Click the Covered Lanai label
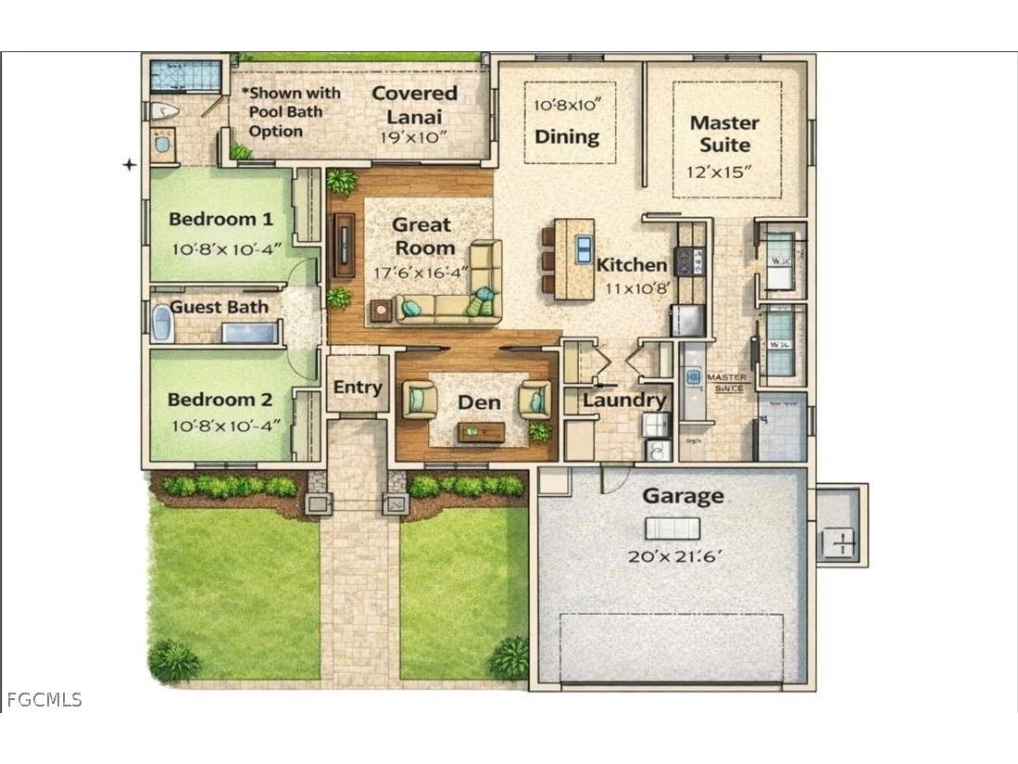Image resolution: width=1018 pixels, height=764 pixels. (414, 104)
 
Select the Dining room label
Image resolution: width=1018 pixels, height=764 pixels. (567, 137)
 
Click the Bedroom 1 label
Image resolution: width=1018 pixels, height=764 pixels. (220, 220)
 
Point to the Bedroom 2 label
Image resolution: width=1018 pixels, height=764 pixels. (220, 401)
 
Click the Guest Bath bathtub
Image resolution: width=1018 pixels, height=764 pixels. (163, 325)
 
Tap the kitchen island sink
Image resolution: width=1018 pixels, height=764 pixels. (584, 249)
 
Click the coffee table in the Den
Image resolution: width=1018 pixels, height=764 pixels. (482, 431)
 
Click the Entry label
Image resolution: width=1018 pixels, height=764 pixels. (358, 388)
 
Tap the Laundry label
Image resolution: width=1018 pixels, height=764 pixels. (623, 401)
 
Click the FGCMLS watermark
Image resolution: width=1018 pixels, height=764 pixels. (44, 700)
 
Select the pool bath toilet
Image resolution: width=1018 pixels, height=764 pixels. (164, 112)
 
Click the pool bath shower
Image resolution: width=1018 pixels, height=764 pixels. (186, 74)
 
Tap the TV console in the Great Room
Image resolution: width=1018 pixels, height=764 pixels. (344, 246)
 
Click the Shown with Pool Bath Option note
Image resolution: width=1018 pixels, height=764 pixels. (290, 112)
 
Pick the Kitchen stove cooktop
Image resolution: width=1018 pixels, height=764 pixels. (690, 261)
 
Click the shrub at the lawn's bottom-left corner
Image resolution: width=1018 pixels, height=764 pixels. (173, 660)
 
